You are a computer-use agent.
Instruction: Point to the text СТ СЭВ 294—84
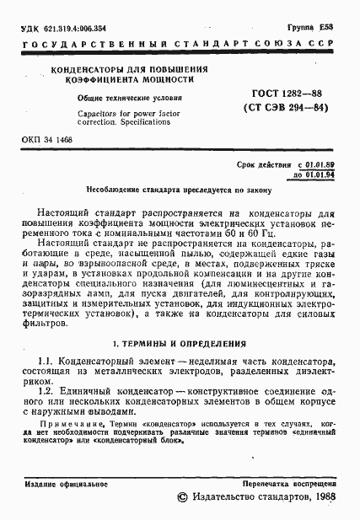285,108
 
